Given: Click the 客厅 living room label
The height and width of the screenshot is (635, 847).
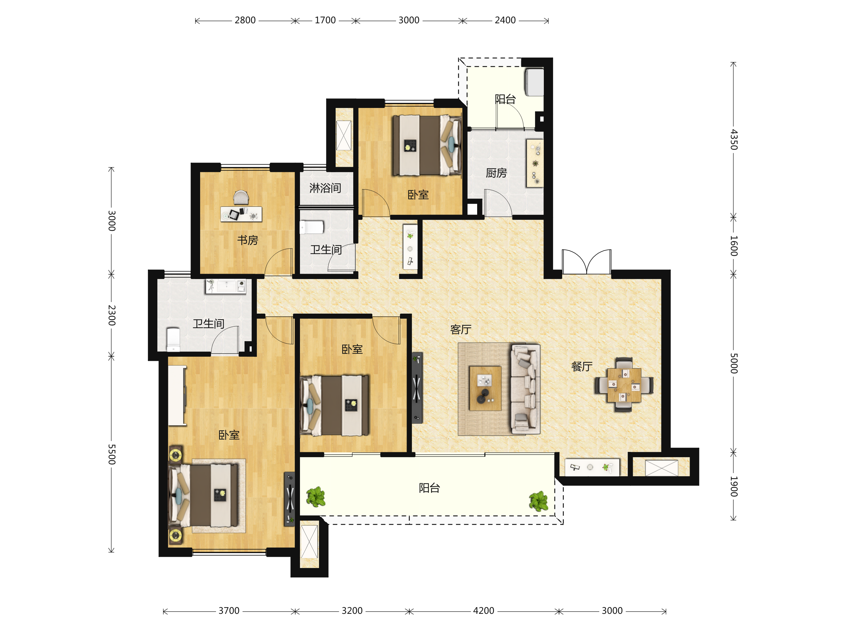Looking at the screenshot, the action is tap(461, 329).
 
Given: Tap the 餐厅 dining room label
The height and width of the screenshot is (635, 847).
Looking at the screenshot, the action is tap(582, 366).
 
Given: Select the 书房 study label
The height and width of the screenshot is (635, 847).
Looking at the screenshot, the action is tap(248, 240).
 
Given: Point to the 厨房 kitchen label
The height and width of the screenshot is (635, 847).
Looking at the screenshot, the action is tap(496, 173).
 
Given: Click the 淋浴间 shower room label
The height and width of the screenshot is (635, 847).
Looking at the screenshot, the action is tap(325, 188).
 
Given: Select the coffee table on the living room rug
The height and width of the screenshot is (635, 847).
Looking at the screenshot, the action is tap(485, 388).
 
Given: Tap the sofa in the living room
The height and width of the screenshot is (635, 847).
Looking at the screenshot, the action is tap(525, 389).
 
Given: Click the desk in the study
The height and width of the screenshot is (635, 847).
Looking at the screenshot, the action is tap(241, 214).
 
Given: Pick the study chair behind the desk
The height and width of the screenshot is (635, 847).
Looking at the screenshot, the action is tap(241, 198).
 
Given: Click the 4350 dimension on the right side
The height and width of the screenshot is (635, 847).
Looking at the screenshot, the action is tap(733, 139).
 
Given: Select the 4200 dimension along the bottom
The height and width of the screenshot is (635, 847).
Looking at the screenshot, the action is tap(483, 611).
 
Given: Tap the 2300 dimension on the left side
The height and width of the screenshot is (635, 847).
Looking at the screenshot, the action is tap(112, 315).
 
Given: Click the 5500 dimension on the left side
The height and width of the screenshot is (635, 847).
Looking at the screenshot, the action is tap(112, 454).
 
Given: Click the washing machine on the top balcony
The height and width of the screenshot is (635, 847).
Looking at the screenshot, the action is tap(534, 82).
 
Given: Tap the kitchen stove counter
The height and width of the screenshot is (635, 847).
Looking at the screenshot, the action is tap(535, 163).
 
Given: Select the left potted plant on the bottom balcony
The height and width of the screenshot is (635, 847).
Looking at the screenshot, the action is tap(316, 497).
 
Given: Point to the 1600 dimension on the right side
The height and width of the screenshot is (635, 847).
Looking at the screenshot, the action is tap(733, 246).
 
